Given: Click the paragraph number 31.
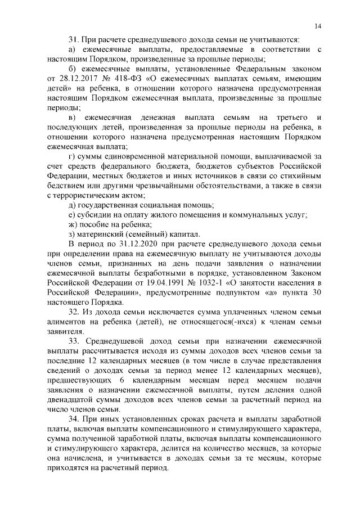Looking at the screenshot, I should click(x=73, y=39).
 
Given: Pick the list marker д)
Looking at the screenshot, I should click(x=71, y=205).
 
